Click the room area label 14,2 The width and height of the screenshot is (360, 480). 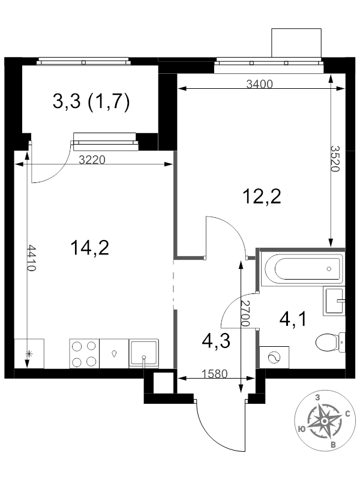[x=89, y=247]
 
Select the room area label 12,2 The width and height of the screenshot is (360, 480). [x=262, y=196]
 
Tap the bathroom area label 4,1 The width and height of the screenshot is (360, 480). [x=293, y=319]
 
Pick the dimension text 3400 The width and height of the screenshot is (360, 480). [x=260, y=85]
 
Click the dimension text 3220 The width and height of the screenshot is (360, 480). [x=92, y=160]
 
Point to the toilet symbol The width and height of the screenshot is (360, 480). [x=329, y=343]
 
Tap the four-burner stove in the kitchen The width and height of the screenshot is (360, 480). [x=84, y=353]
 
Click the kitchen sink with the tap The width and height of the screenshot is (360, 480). [x=144, y=353]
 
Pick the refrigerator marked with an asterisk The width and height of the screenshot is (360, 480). [x=27, y=353]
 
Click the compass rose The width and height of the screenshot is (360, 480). [x=324, y=421]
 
